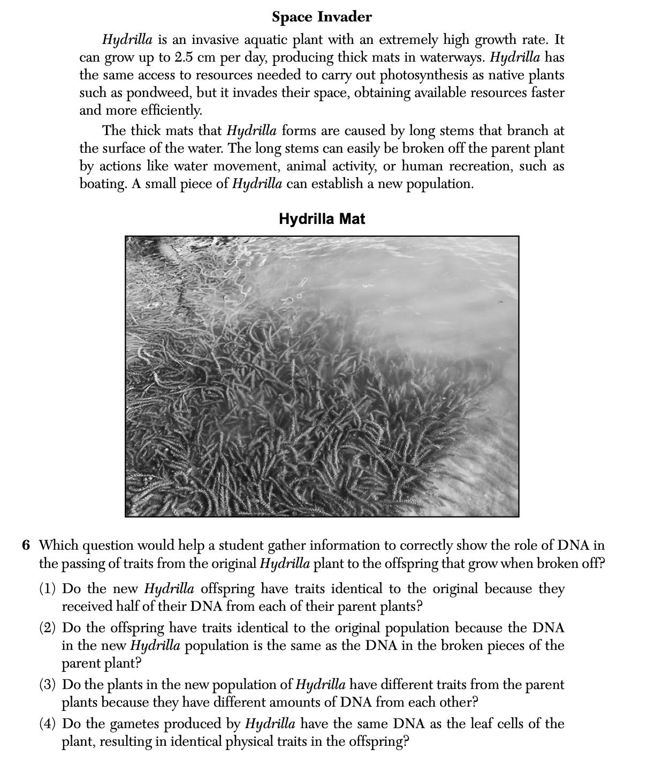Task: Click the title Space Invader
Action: pos(322,17)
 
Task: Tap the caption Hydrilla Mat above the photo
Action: pos(322,219)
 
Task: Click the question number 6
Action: pos(26,545)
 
